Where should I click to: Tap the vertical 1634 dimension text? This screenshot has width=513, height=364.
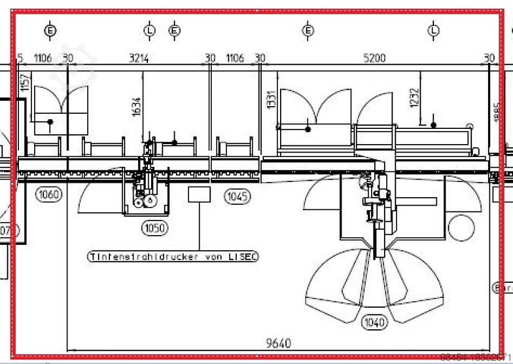(137, 107)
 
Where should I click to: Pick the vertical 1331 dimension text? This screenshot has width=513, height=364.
(271, 101)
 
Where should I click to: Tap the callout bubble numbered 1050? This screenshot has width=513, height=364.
(154, 227)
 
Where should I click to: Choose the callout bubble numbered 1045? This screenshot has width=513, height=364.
(236, 196)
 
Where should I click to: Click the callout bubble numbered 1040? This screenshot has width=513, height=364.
(374, 322)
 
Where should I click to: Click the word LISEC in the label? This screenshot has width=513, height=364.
(243, 256)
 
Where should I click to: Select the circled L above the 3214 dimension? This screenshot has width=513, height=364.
(149, 30)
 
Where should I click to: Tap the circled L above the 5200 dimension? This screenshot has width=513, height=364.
(433, 30)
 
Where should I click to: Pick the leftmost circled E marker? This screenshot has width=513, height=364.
(50, 30)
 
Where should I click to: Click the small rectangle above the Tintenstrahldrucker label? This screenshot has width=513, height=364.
(199, 194)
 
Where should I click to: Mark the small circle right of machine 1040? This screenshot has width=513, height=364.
(461, 227)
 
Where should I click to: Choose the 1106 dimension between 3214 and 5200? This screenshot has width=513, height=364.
(235, 58)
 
